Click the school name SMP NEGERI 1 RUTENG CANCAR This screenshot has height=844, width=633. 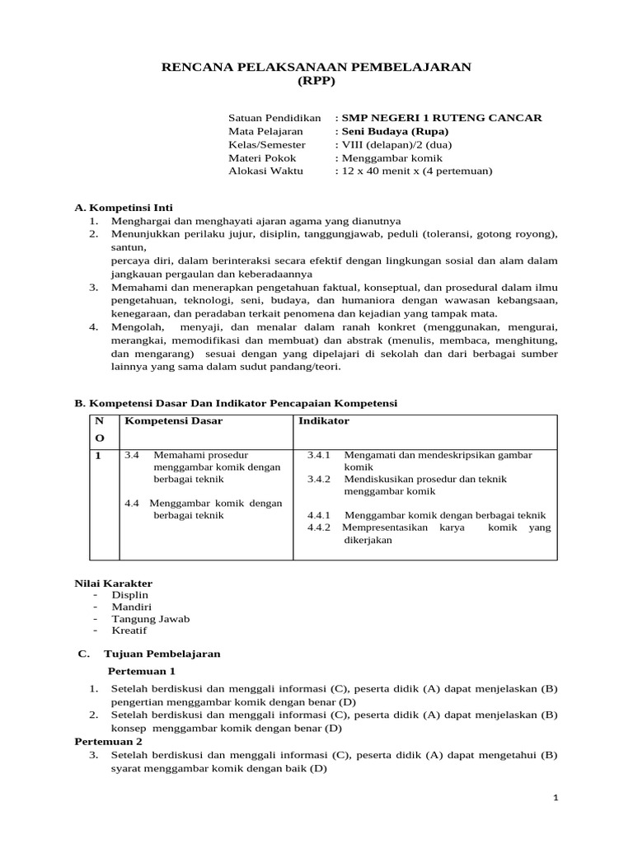tap(442, 118)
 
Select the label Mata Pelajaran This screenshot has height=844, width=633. tap(265, 131)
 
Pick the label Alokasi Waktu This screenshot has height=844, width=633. tap(265, 171)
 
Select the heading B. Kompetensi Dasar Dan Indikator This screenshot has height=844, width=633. tap(236, 403)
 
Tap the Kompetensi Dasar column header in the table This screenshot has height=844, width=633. tap(173, 421)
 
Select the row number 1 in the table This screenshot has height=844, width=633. tap(99, 455)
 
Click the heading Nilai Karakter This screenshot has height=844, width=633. tap(114, 583)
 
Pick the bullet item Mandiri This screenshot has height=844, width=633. tap(130, 607)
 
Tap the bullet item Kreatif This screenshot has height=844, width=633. tap(129, 631)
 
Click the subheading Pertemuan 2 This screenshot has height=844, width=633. tap(109, 741)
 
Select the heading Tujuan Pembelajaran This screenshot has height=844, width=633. tap(162, 654)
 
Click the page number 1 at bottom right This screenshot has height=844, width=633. tap(556, 798)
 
